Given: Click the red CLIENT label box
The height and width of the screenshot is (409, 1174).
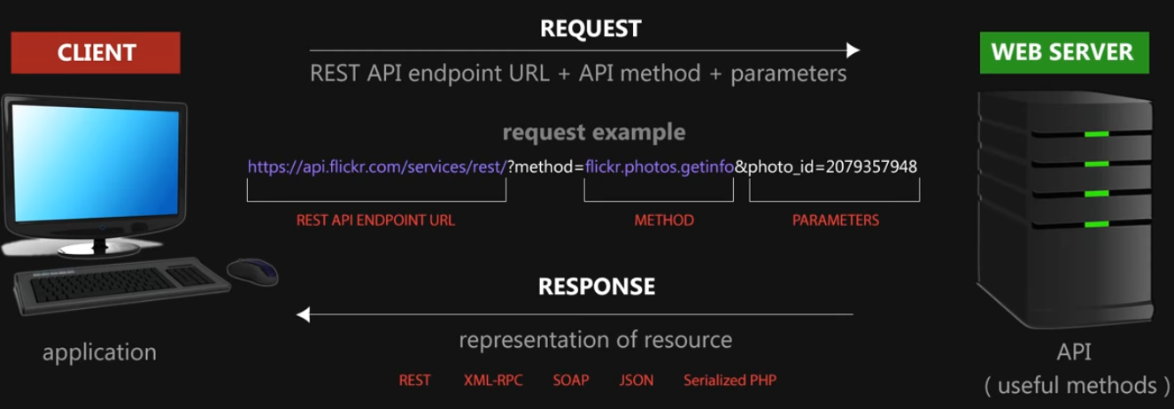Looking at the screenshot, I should click(x=95, y=53).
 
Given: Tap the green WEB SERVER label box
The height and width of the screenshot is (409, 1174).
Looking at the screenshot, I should click(x=1062, y=52).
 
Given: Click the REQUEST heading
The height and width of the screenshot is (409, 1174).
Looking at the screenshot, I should click(x=591, y=29).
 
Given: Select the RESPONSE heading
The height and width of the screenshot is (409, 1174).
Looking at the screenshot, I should click(x=597, y=287).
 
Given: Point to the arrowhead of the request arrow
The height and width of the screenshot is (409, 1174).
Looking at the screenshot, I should click(x=853, y=50).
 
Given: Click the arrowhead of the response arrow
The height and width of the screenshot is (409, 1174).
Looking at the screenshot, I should click(x=303, y=314).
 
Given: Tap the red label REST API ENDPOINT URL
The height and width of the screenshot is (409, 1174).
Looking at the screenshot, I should click(x=376, y=220).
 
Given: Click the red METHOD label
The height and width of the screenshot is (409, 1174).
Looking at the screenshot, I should click(x=664, y=220).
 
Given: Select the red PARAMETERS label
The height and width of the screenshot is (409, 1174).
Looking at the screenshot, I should click(x=835, y=220).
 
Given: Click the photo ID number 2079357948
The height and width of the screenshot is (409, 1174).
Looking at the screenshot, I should click(x=871, y=166).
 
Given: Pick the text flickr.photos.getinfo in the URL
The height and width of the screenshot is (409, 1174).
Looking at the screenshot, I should click(x=660, y=166).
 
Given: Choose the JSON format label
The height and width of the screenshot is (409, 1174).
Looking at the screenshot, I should click(x=637, y=381).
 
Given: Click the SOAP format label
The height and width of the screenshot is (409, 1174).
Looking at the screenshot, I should click(x=571, y=381).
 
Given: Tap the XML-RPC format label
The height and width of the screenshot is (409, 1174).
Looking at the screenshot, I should click(x=493, y=381).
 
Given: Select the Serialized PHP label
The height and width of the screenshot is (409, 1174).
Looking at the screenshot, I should click(x=730, y=381).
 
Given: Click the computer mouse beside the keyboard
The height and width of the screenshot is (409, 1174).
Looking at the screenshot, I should click(x=251, y=270).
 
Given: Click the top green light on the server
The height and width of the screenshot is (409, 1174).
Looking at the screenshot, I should click(x=1098, y=135).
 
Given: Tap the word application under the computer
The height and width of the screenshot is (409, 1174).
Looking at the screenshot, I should click(x=99, y=352).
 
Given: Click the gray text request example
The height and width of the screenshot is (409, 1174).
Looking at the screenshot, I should click(x=594, y=133).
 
